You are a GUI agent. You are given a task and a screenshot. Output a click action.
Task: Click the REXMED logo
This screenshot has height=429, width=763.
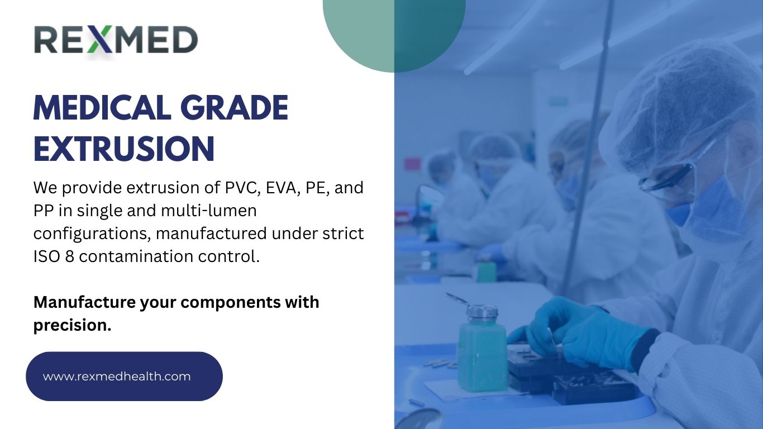pyautogui.click(x=116, y=41)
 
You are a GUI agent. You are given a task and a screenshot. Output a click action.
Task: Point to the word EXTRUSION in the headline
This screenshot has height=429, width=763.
pyautogui.click(x=124, y=149)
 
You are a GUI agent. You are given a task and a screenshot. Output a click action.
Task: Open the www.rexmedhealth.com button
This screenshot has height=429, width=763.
pyautogui.click(x=124, y=376)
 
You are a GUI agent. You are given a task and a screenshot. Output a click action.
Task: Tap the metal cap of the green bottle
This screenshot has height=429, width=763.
pyautogui.click(x=481, y=311)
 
